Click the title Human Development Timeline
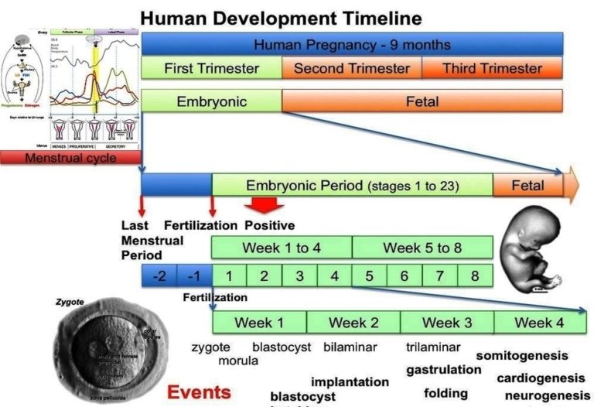pyautogui.click(x=282, y=18)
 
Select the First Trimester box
pyautogui.click(x=211, y=68)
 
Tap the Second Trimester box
pyautogui.click(x=351, y=68)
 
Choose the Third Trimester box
pyautogui.click(x=492, y=68)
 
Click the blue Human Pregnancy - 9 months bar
pyautogui.click(x=351, y=44)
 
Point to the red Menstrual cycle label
pyautogui.click(x=70, y=158)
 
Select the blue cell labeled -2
pyautogui.click(x=159, y=275)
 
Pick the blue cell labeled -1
pyautogui.click(x=194, y=275)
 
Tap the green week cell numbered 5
pyautogui.click(x=369, y=275)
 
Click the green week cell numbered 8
pyautogui.click(x=474, y=275)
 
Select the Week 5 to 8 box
pyautogui.click(x=422, y=248)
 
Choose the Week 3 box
pyautogui.click(x=446, y=322)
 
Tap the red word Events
pyautogui.click(x=199, y=392)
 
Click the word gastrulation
pyautogui.click(x=443, y=370)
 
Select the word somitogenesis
pyautogui.click(x=521, y=355)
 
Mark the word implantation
pyautogui.click(x=350, y=381)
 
